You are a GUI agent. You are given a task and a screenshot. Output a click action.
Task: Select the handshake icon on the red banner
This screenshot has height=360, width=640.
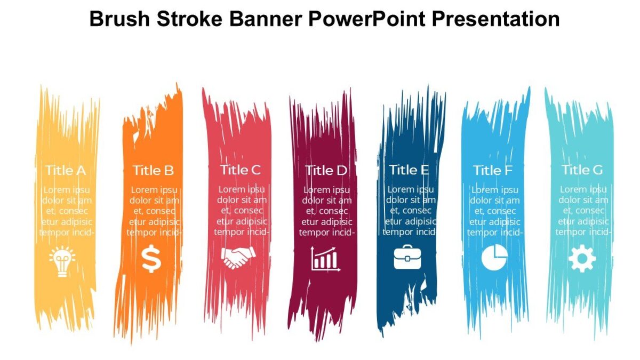[237, 259]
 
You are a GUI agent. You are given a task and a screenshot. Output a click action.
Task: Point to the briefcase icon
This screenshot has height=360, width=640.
[407, 258]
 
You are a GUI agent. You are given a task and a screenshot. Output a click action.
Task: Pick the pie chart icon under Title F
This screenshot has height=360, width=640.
[494, 258]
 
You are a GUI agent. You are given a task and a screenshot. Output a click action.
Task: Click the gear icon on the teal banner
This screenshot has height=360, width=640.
[582, 260]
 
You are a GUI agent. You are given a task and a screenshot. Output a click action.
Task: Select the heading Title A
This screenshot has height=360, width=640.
[66, 171]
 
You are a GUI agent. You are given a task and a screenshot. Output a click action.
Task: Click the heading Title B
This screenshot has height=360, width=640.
[153, 171]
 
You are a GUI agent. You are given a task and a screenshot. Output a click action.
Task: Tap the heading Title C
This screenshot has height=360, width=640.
[241, 170]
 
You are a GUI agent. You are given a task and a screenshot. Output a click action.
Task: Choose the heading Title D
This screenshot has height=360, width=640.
[326, 171]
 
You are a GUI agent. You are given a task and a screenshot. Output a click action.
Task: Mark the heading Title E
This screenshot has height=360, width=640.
[409, 170]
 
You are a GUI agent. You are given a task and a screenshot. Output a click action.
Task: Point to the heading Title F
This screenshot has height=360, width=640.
[493, 171]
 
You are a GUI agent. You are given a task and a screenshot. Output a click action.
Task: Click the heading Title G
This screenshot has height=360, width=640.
[582, 170]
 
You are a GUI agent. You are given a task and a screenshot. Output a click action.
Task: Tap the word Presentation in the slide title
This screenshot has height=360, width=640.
[495, 19]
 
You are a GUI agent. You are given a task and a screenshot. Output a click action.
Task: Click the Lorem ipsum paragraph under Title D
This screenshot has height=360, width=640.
[326, 211]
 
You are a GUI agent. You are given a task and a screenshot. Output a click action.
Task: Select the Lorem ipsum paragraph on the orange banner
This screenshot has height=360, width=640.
[154, 211]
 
